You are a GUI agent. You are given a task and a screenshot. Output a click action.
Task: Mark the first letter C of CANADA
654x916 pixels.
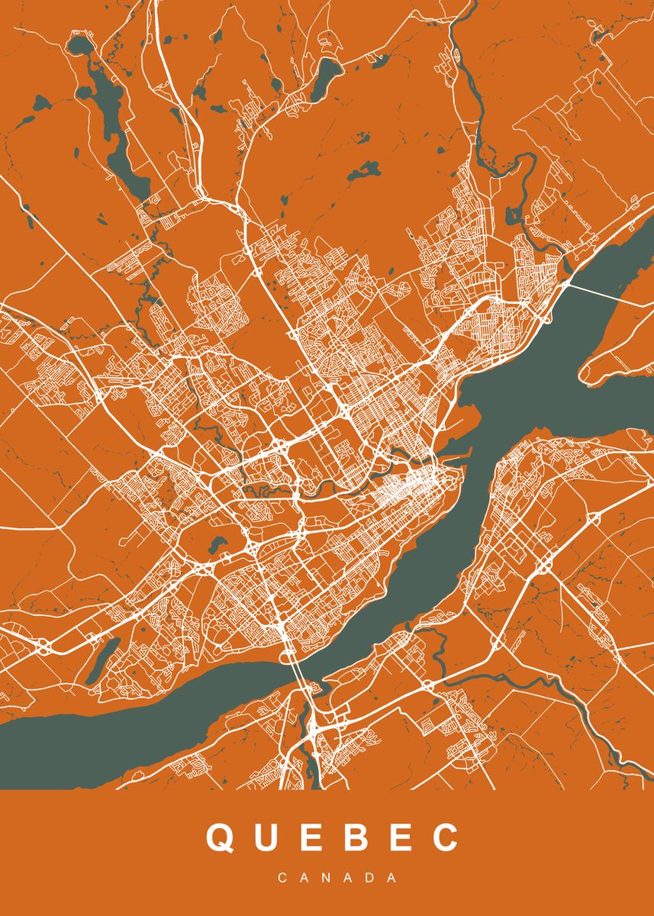(x=282, y=878)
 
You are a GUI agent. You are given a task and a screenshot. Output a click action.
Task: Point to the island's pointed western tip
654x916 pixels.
(x=588, y=374)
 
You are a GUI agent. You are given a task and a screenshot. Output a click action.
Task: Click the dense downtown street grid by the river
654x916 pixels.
(x=416, y=485)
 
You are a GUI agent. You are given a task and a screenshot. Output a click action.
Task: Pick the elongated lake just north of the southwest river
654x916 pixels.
(x=101, y=660)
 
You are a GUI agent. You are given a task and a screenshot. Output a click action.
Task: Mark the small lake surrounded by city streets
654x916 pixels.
(x=217, y=544)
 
